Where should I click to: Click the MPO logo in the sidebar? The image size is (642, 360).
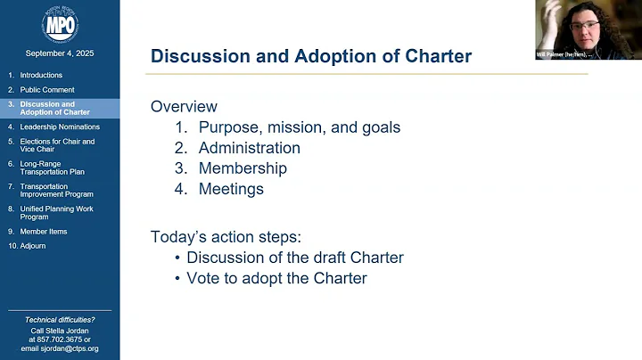click(60, 23)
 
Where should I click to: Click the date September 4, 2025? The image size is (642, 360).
click(60, 53)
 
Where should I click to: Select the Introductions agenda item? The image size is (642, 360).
click(42, 76)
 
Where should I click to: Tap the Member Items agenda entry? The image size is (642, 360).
click(44, 231)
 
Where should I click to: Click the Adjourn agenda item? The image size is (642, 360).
click(33, 245)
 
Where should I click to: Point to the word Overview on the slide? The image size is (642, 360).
click(184, 106)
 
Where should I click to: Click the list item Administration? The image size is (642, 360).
click(249, 148)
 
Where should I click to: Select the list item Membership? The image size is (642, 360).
click(243, 168)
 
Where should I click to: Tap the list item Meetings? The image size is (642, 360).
click(231, 189)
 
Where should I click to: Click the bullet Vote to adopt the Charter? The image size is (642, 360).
click(276, 278)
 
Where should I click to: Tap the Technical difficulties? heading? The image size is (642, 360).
click(60, 319)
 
